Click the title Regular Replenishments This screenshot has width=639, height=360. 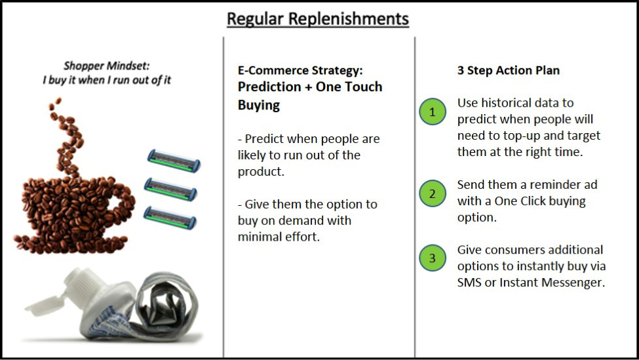[x=318, y=19]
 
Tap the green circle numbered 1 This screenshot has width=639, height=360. [x=433, y=111]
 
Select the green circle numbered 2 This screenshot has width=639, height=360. [x=433, y=193]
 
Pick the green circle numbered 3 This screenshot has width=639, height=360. [x=433, y=258]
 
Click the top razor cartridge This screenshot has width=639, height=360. [x=174, y=161]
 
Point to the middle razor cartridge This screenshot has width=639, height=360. [x=170, y=189]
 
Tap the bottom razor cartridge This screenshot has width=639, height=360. [x=170, y=217]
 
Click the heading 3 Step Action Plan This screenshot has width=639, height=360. [x=508, y=70]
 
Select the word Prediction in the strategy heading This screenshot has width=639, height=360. [x=269, y=87]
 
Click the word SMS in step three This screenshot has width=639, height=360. [x=469, y=282]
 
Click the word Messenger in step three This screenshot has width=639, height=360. [x=578, y=282]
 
